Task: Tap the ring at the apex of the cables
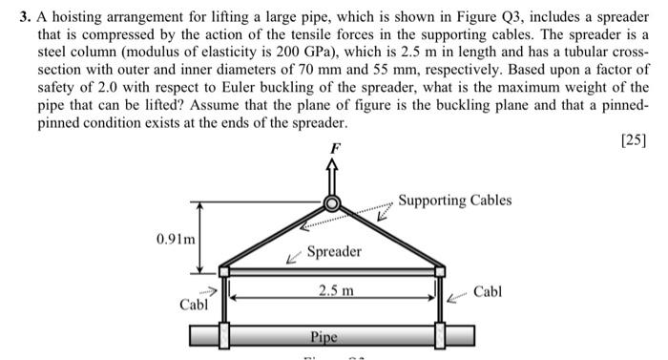tap(332, 203)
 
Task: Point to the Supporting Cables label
tap(454, 201)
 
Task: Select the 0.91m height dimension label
tap(176, 239)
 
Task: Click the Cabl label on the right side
tap(488, 293)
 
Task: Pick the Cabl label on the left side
tap(195, 305)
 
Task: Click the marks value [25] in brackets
tap(634, 140)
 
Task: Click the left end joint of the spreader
tap(224, 271)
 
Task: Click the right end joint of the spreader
tap(440, 271)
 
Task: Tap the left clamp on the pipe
tap(224, 335)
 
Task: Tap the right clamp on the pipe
tap(440, 335)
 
